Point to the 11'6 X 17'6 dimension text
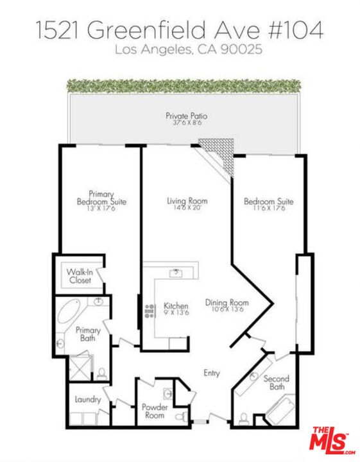click(x=269, y=209)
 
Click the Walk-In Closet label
click(x=80, y=276)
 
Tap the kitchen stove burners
click(x=150, y=311)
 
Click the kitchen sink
click(x=176, y=273)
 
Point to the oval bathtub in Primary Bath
click(x=69, y=311)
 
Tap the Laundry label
click(x=88, y=400)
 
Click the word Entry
click(x=212, y=373)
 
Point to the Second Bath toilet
click(x=243, y=418)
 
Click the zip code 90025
click(x=241, y=49)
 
